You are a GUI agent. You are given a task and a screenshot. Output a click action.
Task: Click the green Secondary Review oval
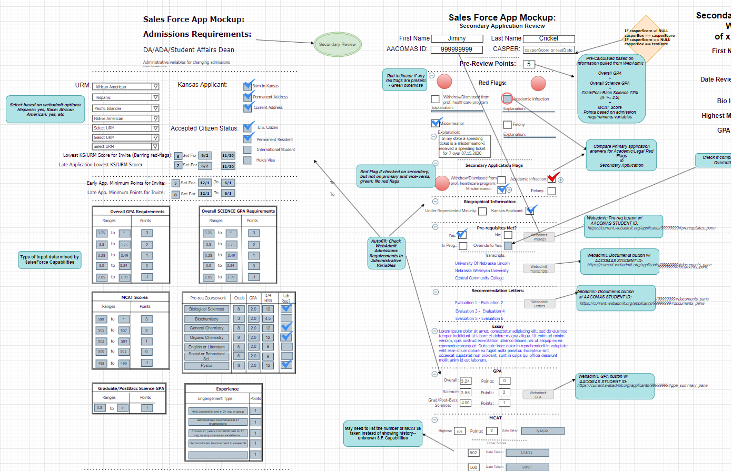(x=337, y=44)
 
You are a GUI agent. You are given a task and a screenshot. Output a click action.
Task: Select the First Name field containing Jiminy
(x=457, y=38)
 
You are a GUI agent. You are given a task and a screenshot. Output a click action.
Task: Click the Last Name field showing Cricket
(x=549, y=38)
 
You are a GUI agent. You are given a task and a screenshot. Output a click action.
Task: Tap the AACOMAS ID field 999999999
(x=457, y=49)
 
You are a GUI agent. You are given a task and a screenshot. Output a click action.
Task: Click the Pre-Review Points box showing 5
(x=529, y=64)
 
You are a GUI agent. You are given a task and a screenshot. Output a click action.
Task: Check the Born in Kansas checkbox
(x=248, y=86)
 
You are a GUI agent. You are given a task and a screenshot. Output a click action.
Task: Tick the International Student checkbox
(x=247, y=149)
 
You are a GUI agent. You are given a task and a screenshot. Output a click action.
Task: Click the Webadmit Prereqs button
(x=539, y=237)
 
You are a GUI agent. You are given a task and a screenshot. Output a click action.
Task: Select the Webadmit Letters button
(x=539, y=304)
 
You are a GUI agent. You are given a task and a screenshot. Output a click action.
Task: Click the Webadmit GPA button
(x=538, y=395)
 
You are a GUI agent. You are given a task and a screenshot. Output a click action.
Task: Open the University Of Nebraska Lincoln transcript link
(x=482, y=263)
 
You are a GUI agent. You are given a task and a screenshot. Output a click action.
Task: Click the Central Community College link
(x=479, y=278)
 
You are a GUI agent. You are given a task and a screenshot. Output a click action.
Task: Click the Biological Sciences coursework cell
(x=206, y=309)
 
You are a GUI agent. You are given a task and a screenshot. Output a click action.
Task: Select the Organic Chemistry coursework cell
(x=206, y=337)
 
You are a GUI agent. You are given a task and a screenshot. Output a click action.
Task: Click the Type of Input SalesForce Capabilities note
(x=50, y=259)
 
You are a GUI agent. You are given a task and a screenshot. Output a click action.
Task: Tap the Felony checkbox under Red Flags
(x=507, y=125)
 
